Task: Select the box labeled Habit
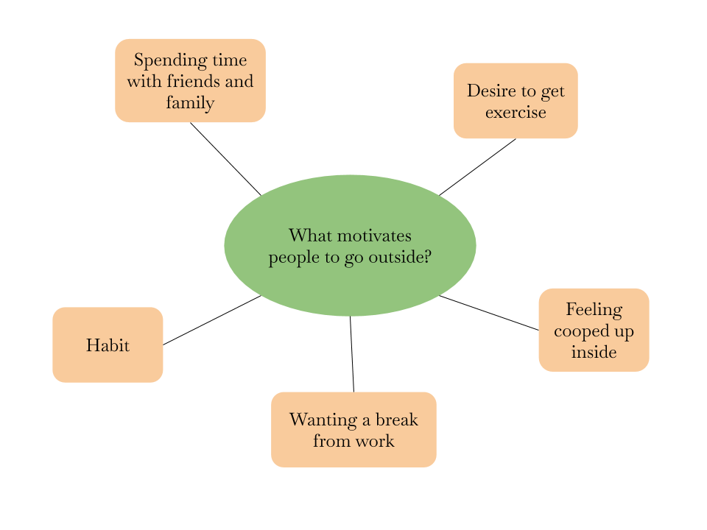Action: [108, 344]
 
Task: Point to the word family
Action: [190, 102]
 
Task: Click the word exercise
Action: [516, 113]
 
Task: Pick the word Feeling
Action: [594, 310]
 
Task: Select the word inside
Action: [594, 352]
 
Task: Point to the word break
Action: [397, 420]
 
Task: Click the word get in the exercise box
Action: [552, 91]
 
